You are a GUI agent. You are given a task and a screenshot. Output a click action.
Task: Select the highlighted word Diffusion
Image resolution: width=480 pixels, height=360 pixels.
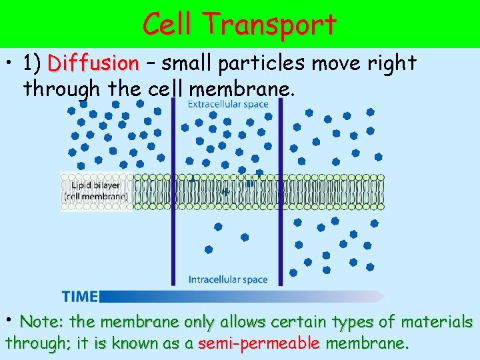[93, 64]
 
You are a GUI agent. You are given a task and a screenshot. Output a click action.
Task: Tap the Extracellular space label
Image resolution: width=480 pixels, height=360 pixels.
[228, 104]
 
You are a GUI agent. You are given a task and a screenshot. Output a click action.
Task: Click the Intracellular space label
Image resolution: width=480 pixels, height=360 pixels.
[228, 279]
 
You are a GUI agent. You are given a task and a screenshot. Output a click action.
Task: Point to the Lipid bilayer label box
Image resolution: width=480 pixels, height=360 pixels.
[97, 191]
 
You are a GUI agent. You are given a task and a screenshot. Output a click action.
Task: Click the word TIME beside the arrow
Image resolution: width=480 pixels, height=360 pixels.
[80, 297]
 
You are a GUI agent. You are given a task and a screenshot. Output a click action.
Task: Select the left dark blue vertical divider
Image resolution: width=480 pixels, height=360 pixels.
[173, 193]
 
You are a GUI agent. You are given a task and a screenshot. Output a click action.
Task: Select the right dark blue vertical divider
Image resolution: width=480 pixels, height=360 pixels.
[281, 193]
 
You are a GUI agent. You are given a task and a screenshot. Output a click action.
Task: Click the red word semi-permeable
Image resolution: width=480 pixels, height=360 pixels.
[259, 344]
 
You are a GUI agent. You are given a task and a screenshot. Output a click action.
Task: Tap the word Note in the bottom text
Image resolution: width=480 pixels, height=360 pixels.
[41, 322]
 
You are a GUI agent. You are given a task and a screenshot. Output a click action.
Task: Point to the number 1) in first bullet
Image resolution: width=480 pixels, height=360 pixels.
[33, 64]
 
